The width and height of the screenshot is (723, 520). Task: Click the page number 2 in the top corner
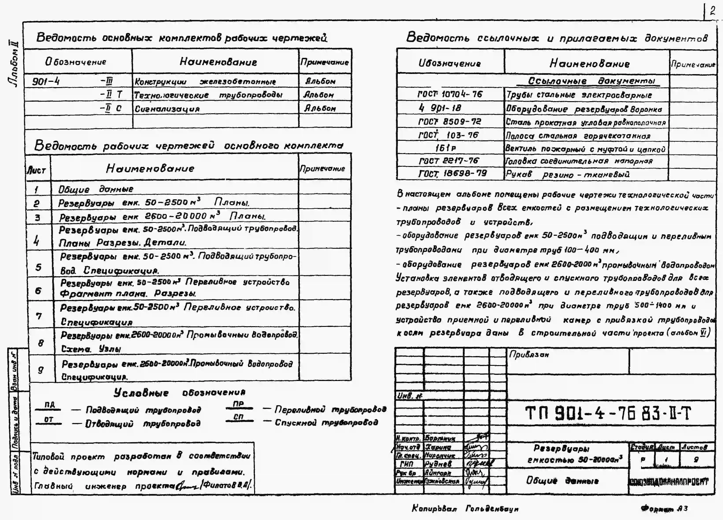pyautogui.click(x=712, y=11)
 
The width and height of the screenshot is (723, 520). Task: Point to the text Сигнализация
pyautogui.click(x=167, y=109)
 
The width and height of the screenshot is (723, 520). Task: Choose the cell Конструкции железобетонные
pyautogui.click(x=205, y=82)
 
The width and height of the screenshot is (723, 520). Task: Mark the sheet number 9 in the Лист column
pyautogui.click(x=41, y=369)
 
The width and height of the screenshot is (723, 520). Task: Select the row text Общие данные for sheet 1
pyautogui.click(x=96, y=189)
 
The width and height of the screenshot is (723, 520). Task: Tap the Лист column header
pyautogui.click(x=36, y=170)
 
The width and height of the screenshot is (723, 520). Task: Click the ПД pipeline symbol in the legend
pyautogui.click(x=49, y=405)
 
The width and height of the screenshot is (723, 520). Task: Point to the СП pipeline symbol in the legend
pyautogui.click(x=239, y=417)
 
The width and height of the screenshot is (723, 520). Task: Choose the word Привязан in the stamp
pyautogui.click(x=529, y=354)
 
